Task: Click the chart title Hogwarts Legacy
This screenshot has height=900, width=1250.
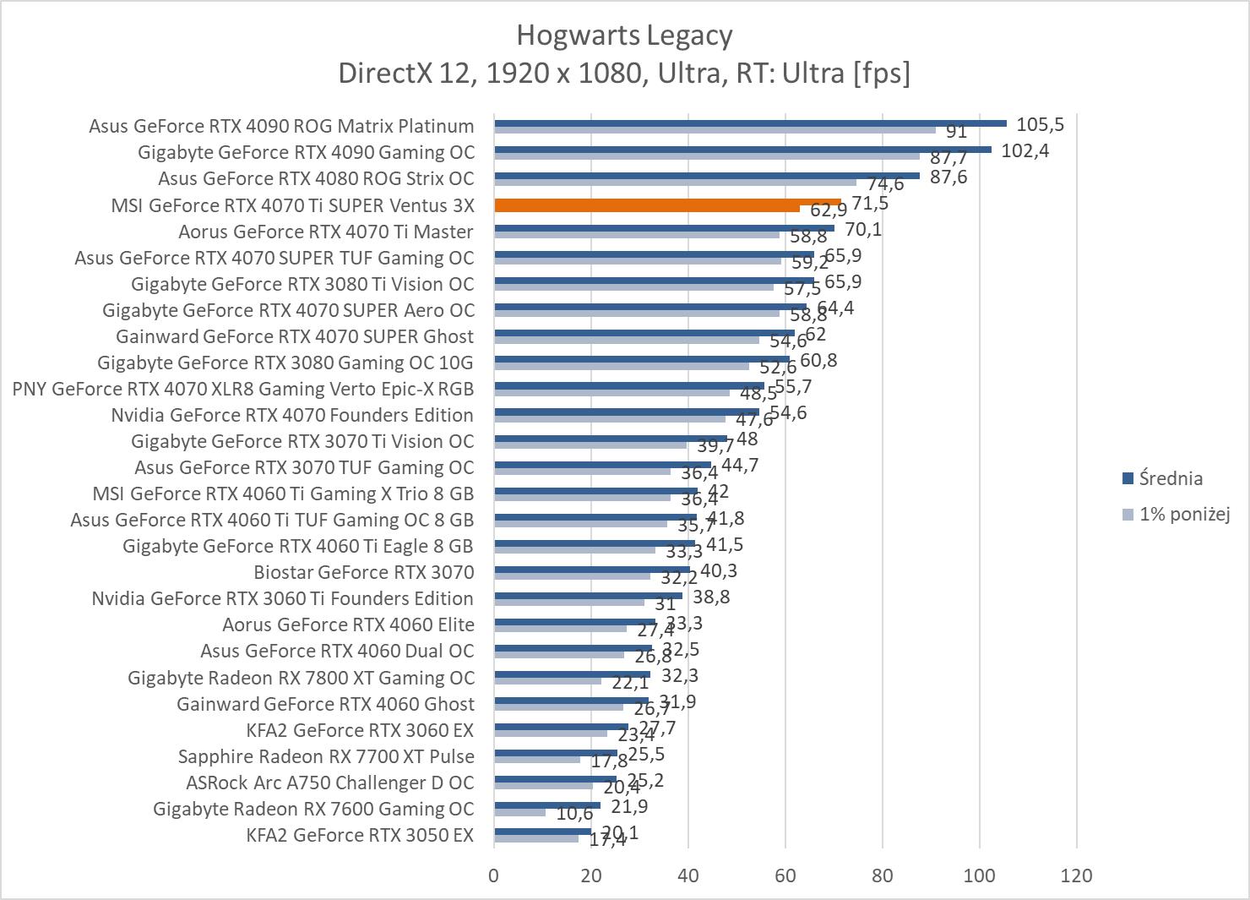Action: pos(624,35)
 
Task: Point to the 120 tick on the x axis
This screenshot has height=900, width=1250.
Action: pos(1076,875)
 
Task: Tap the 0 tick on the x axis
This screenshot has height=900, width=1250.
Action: pos(494,875)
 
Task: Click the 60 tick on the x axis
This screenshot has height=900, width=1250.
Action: pos(785,875)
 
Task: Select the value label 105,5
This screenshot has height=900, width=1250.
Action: pos(1040,125)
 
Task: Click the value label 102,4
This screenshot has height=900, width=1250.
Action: pos(1024,151)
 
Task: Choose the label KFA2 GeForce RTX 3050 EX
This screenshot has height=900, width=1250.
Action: pos(360,836)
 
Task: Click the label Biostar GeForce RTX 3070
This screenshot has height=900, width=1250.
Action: pos(364,572)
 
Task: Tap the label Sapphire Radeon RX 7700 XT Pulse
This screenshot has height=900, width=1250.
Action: pos(326,756)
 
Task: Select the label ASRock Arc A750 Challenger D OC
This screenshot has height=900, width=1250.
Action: pos(330,783)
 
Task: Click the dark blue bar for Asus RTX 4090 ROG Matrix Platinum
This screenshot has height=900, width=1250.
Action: pos(750,123)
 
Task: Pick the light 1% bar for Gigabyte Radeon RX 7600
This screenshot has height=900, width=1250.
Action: pos(519,813)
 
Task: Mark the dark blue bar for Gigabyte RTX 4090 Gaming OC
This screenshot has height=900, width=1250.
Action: pos(742,150)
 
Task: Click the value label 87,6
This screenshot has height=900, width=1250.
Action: pos(948,177)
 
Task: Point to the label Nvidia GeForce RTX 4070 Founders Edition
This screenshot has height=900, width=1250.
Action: pos(292,415)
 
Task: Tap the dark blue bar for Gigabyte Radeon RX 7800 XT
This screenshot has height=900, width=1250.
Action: pos(572,674)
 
